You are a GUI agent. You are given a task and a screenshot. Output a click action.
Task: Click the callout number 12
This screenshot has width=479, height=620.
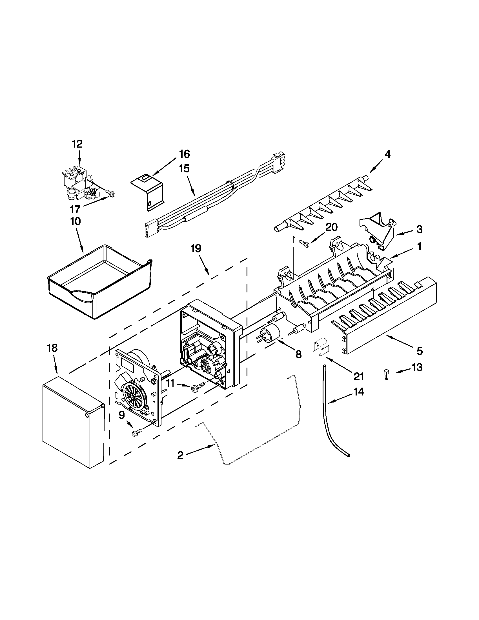77,144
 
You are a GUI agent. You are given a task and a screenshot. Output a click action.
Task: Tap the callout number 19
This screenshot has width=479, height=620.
196,248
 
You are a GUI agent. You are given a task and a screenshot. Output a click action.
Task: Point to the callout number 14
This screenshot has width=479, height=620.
358,392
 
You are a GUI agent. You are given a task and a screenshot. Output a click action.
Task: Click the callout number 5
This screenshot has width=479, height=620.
419,351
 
